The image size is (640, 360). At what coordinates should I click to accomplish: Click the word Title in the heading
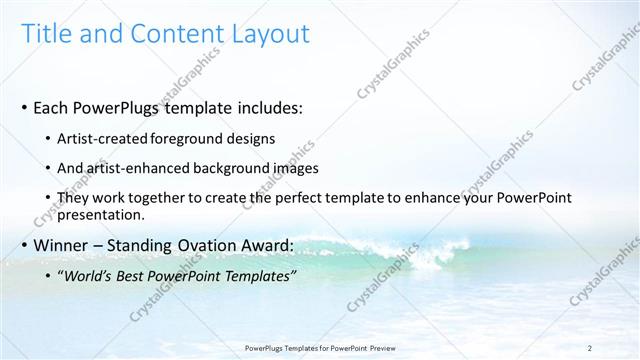point(45,34)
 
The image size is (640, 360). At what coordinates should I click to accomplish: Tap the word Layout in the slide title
point(264,34)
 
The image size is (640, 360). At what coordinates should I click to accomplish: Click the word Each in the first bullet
point(52,107)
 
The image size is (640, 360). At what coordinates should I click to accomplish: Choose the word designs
point(250,138)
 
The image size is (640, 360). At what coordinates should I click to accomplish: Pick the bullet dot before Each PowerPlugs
point(25,107)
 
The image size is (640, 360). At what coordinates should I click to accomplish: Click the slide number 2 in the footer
point(590,347)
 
